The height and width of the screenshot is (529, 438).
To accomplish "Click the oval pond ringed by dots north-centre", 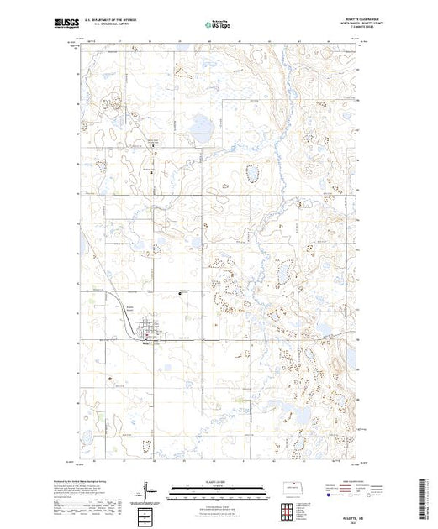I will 250,174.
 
